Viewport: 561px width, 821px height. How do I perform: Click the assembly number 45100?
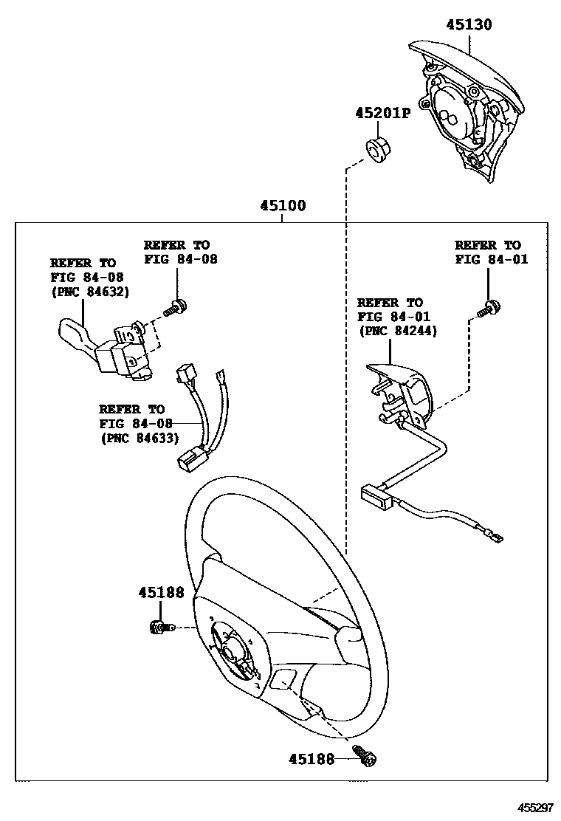[x=282, y=206]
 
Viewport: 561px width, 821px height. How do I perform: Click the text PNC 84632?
[x=89, y=292]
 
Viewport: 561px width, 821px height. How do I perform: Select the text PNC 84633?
[x=138, y=438]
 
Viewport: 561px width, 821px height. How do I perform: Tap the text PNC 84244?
[x=397, y=332]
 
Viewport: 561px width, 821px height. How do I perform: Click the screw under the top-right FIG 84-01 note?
[x=486, y=309]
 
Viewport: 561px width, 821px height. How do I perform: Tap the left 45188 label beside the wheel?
[x=161, y=593]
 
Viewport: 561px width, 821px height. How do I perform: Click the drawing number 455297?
[x=534, y=808]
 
